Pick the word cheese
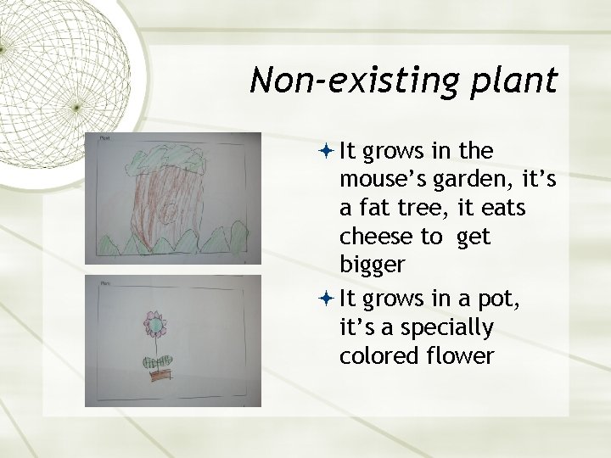(374, 237)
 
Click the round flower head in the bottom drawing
(155, 323)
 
